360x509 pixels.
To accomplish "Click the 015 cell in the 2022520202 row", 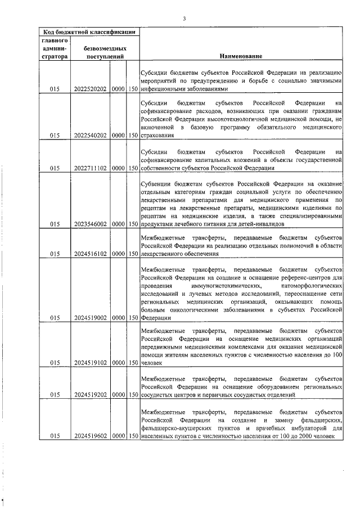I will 55,89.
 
